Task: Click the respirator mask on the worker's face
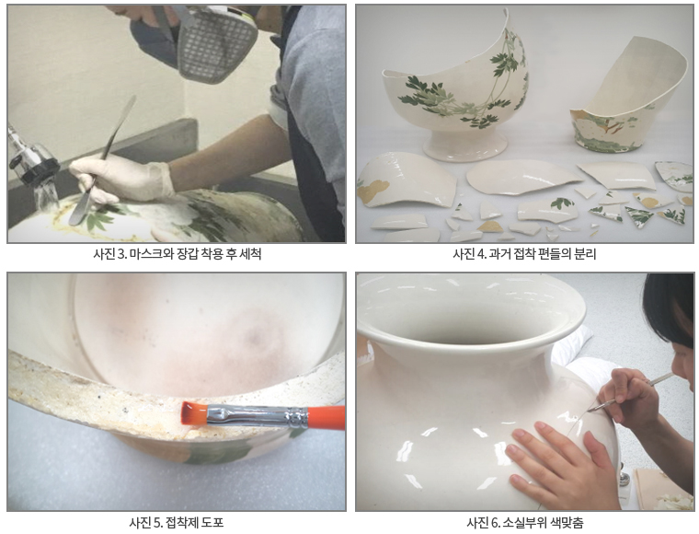click(214, 42)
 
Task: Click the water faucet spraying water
click(32, 166)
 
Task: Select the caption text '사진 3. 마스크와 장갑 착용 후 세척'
click(177, 254)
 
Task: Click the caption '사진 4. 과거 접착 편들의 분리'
click(524, 254)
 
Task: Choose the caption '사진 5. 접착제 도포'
click(177, 523)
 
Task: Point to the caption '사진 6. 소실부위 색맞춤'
click(524, 523)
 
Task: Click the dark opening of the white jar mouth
click(470, 324)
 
